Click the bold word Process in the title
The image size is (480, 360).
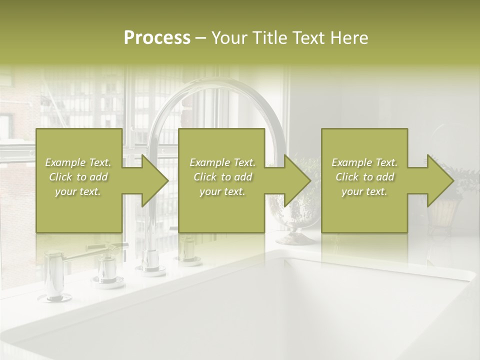click(157, 38)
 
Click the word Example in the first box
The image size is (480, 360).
click(65, 162)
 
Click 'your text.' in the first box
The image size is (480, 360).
click(78, 191)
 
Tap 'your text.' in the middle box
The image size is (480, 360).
click(222, 191)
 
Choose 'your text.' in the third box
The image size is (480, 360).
click(364, 191)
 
